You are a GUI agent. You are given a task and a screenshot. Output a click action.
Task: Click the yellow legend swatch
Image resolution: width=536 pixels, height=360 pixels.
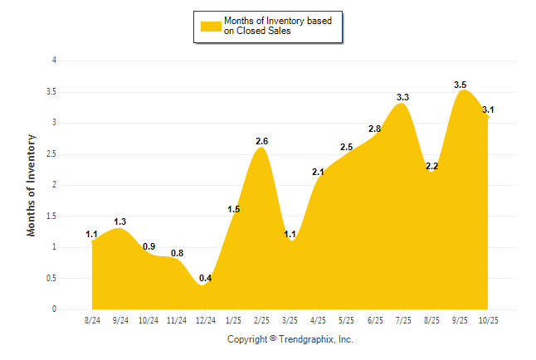211,26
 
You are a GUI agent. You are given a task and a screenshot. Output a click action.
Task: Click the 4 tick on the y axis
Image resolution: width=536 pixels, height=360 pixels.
54,61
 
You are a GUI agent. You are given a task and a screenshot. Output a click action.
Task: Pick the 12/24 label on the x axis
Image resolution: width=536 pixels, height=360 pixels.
205,319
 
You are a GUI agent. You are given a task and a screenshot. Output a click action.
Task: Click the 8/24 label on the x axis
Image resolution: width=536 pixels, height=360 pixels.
92,319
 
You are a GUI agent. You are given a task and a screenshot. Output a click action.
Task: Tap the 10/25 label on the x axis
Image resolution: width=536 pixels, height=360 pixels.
488,319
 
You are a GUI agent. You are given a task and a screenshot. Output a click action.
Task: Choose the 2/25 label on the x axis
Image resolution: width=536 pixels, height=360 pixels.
261,319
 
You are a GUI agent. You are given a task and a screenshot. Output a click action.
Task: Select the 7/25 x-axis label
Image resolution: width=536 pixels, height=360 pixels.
402,319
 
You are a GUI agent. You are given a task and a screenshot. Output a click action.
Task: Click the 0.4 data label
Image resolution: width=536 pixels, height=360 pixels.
206,278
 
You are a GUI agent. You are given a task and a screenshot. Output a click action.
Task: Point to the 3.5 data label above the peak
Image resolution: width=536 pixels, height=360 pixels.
460,85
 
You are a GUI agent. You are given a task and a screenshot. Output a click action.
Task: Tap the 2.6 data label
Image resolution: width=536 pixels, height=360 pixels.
261,141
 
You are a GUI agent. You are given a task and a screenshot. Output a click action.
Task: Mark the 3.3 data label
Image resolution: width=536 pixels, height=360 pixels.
402,98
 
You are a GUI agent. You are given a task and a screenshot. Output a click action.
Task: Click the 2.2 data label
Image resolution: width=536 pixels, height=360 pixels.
431,166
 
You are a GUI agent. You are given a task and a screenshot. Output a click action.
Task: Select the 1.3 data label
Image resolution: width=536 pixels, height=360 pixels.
120,221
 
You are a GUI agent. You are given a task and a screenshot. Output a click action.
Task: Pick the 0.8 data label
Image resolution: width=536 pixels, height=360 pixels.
177,253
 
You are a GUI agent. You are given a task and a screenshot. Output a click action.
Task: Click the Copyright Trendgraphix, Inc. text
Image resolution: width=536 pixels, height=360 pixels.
290,339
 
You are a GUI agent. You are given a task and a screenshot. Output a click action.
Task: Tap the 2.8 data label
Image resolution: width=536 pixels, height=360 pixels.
374,129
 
